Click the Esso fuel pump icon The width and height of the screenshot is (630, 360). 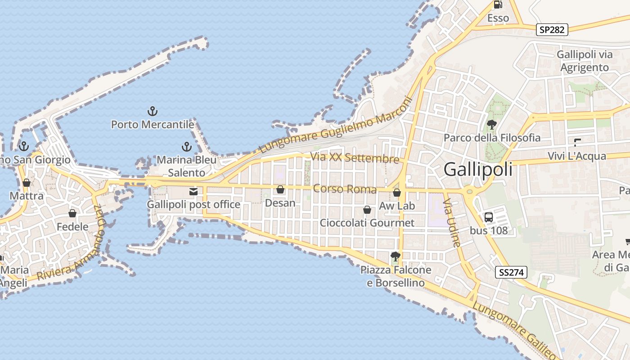(x=498, y=5)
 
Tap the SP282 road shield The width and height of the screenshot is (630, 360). (x=552, y=30)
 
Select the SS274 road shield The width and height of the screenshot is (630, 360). (x=511, y=272)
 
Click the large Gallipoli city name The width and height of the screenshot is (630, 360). (x=478, y=170)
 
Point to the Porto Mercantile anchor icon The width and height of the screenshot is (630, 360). (x=153, y=111)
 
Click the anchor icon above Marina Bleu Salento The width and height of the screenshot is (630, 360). (x=186, y=146)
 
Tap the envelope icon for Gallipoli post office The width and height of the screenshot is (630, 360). (x=193, y=192)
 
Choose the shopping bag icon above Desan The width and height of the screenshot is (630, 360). (x=280, y=190)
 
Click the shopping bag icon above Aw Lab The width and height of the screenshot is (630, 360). (x=396, y=193)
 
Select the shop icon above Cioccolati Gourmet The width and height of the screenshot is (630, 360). (x=367, y=210)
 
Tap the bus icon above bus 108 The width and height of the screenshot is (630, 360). (x=489, y=217)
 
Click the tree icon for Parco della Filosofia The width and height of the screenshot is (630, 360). (x=491, y=124)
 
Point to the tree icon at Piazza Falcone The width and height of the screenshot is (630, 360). (x=396, y=256)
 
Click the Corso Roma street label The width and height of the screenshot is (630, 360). (x=345, y=189)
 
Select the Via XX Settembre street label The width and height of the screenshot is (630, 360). (x=355, y=158)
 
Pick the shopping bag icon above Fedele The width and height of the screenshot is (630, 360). (x=72, y=213)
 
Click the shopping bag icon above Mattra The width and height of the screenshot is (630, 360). (x=27, y=183)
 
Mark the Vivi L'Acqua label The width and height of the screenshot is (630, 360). (x=577, y=156)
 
